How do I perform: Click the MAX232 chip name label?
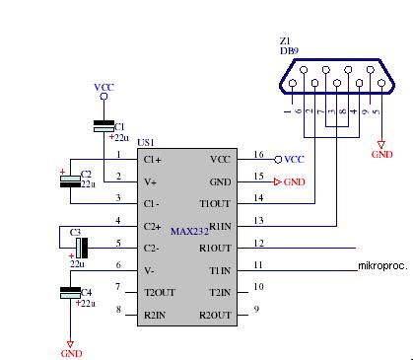189,231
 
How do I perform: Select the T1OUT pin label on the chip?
215,204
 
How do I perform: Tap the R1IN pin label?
220,227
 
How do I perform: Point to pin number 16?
258,154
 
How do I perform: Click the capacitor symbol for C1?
103,126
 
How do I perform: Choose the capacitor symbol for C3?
82,248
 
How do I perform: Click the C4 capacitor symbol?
70,293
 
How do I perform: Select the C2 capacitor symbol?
70,181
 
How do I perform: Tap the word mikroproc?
382,265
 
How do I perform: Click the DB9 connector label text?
289,51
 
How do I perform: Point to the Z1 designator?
285,41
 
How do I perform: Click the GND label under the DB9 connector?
381,155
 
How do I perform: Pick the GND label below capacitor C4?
71,354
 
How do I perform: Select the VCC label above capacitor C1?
103,88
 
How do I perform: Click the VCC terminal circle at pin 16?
278,160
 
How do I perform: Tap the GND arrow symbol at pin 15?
278,181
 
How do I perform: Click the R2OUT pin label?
215,316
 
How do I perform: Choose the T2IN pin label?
220,293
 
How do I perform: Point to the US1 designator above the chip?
146,143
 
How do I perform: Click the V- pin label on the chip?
149,271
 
